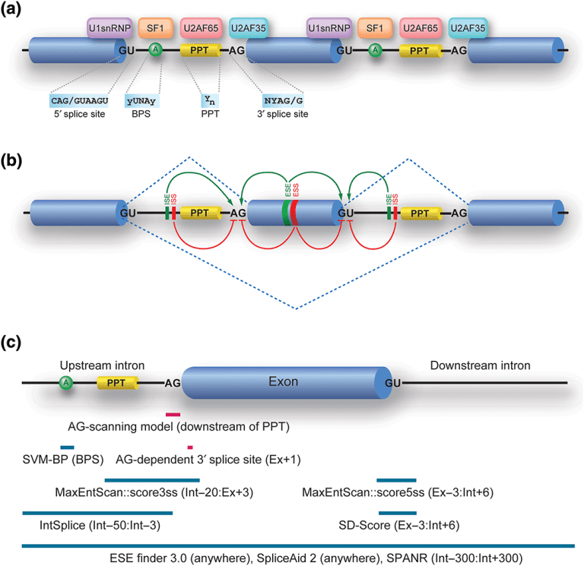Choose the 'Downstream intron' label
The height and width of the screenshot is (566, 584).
click(478, 366)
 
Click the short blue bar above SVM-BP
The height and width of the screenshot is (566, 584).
click(67, 446)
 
